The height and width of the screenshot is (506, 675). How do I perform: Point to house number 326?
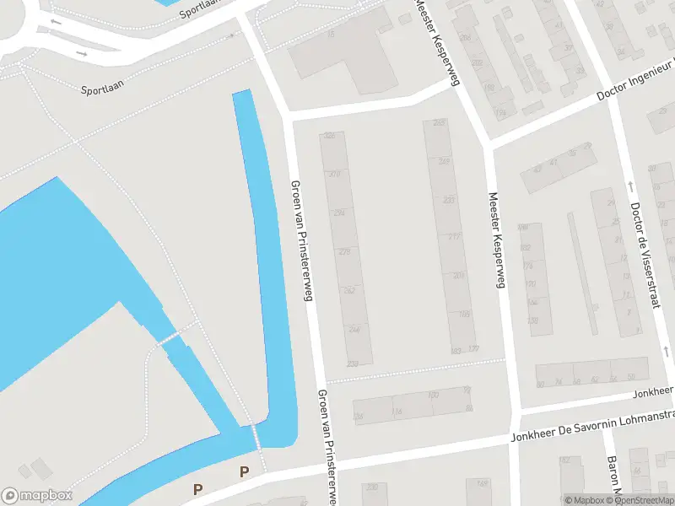(x=330, y=136)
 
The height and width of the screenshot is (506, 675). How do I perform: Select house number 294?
(x=339, y=213)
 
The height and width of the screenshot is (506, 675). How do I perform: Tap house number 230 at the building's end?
(x=353, y=363)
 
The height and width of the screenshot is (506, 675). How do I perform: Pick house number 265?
(x=438, y=123)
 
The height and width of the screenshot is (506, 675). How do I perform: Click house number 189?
(x=464, y=314)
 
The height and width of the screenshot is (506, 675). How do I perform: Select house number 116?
(x=396, y=412)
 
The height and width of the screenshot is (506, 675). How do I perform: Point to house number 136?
(x=359, y=417)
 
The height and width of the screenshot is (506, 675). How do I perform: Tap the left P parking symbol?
(x=198, y=488)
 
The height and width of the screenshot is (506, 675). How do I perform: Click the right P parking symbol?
(x=245, y=472)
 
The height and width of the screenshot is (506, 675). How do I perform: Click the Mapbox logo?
(x=37, y=496)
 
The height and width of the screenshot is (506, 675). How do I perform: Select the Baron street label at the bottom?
(x=613, y=476)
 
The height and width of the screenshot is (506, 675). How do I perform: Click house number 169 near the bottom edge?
(x=483, y=484)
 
